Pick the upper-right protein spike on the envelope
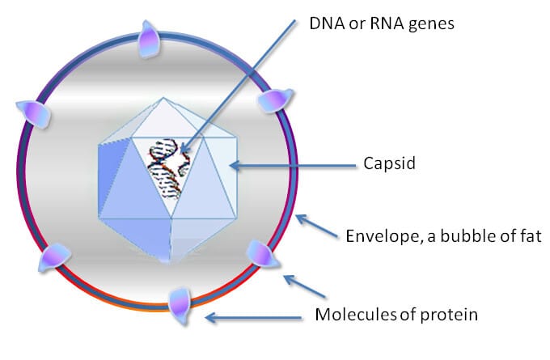[x=272, y=100]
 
